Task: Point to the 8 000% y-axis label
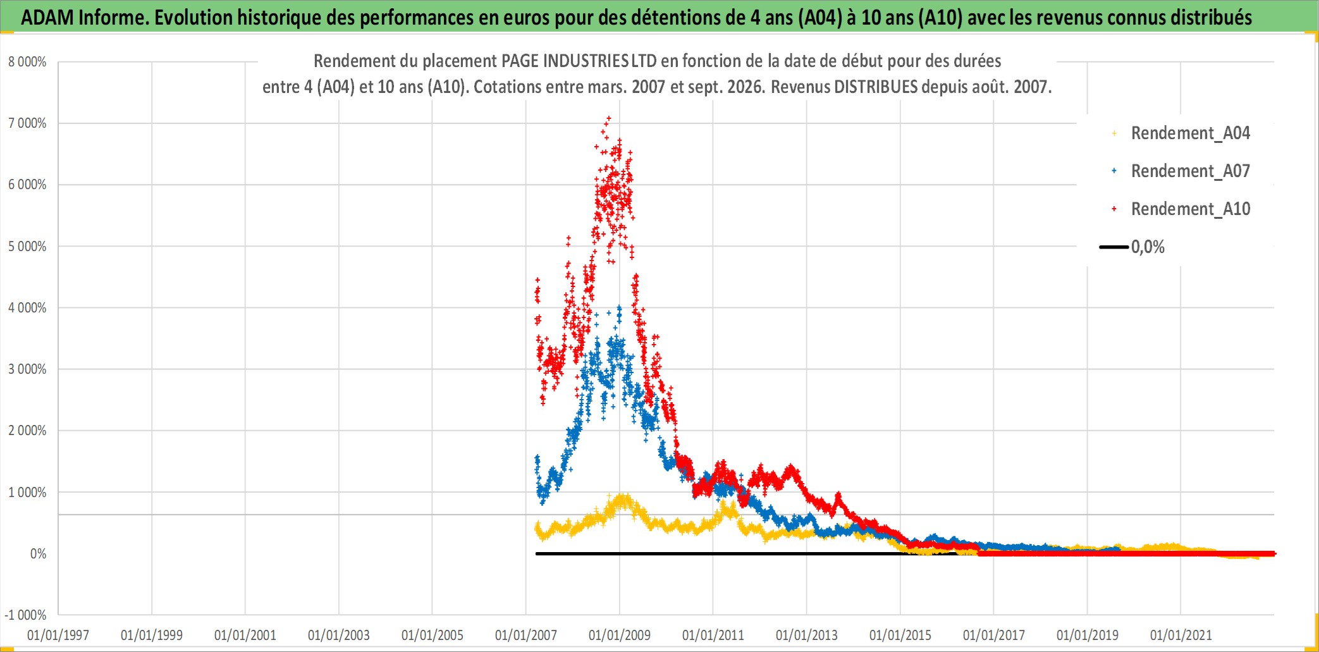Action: pos(27,62)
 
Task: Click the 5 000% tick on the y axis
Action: pos(27,247)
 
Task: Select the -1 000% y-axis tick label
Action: pos(25,615)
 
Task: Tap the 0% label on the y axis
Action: pos(38,554)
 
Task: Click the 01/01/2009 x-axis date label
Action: pos(620,635)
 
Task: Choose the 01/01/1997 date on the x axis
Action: pos(58,635)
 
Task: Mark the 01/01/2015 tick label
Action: pos(900,635)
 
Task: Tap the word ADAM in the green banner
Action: pos(47,18)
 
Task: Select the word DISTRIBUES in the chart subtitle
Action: pos(876,87)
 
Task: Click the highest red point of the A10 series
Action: pos(609,118)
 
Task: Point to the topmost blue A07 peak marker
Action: pos(619,307)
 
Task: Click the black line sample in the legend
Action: pos(1114,247)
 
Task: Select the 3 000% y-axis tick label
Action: pos(27,369)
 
